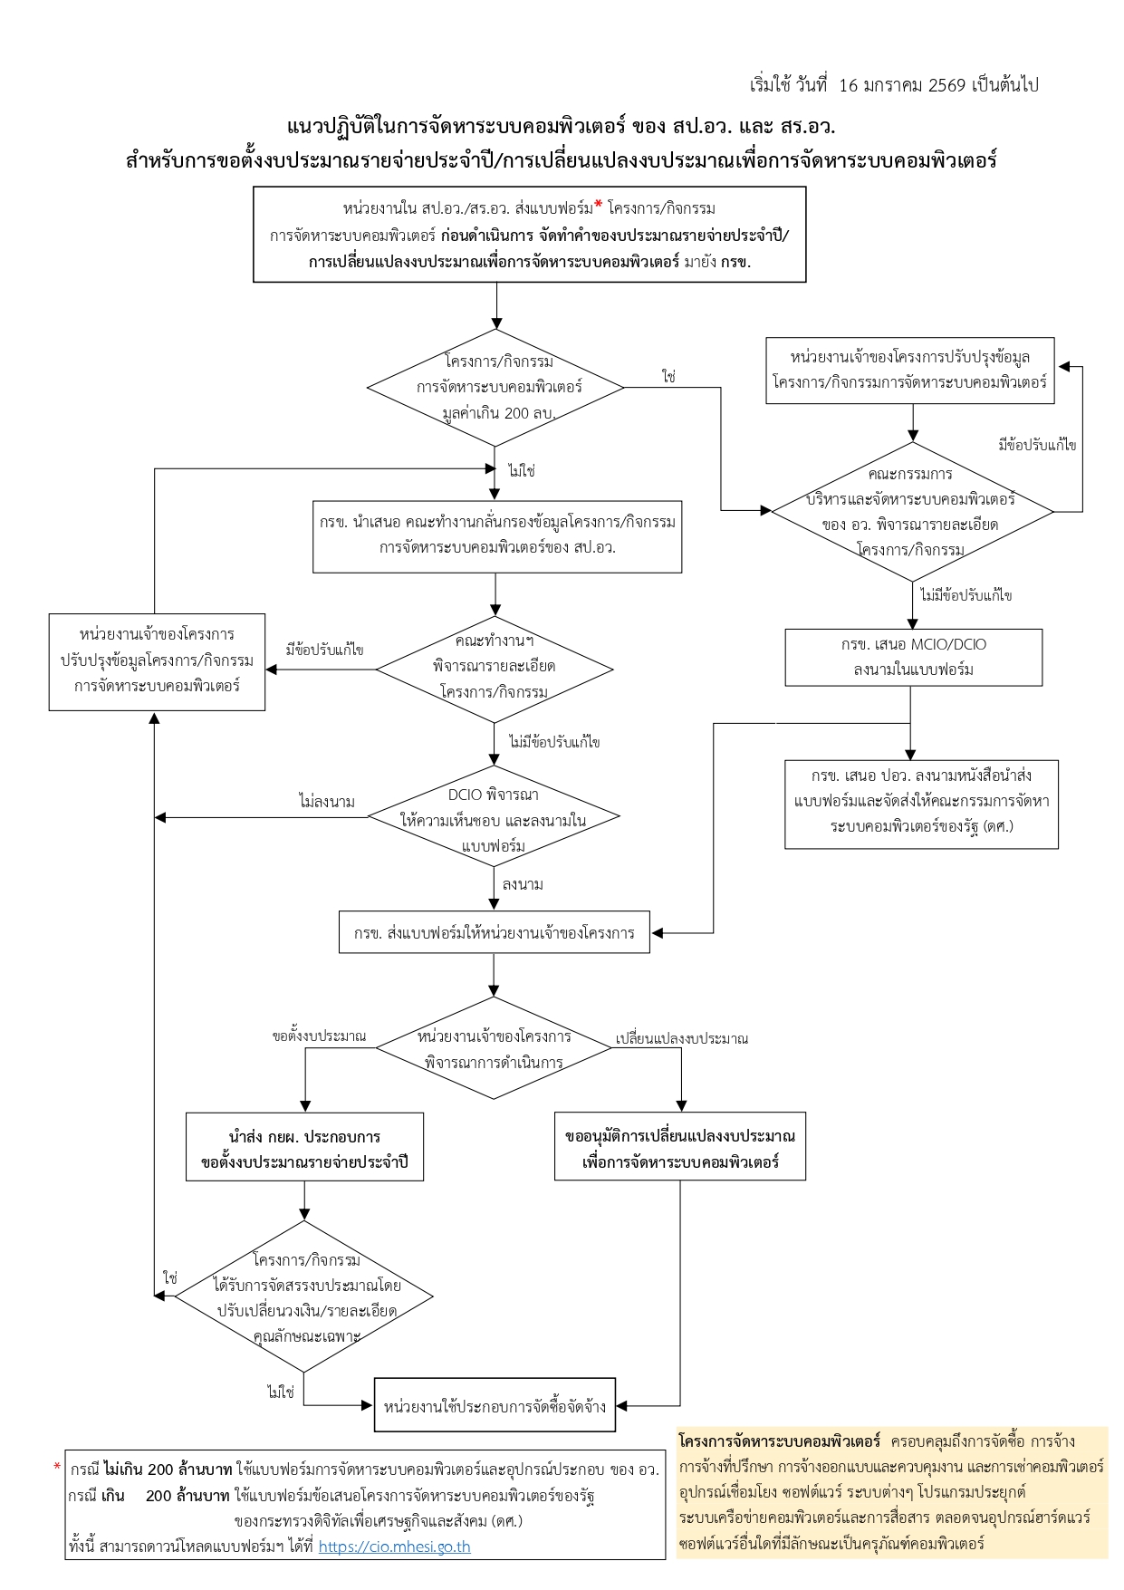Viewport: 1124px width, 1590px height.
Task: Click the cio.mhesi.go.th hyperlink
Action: [x=394, y=1546]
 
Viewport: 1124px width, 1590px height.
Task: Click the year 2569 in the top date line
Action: [x=947, y=85]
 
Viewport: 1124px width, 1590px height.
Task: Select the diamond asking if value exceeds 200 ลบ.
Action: [x=495, y=388]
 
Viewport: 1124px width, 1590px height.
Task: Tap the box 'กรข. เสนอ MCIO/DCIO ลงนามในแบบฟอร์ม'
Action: [x=913, y=657]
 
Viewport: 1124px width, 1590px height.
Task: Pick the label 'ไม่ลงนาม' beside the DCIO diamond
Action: [x=326, y=802]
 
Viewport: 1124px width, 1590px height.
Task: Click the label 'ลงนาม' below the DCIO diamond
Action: [x=523, y=884]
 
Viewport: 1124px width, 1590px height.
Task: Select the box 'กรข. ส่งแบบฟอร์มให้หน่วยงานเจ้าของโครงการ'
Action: [x=494, y=932]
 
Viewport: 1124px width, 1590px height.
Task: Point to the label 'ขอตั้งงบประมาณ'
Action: [x=320, y=1036]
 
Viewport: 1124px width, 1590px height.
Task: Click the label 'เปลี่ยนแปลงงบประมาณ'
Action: [x=681, y=1038]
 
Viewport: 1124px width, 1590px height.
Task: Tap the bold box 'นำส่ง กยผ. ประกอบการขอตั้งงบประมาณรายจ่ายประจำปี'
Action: [x=304, y=1148]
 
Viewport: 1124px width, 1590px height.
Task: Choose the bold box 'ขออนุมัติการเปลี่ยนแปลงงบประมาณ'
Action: [x=679, y=1148]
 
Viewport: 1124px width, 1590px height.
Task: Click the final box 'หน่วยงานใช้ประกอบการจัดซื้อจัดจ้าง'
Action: [x=495, y=1405]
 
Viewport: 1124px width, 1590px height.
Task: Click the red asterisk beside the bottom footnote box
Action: [x=58, y=1467]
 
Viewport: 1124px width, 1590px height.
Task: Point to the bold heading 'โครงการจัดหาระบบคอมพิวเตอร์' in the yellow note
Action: [x=779, y=1441]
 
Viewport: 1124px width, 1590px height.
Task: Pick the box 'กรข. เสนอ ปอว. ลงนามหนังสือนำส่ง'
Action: [x=921, y=801]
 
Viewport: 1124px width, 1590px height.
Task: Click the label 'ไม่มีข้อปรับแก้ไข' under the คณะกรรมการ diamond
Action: [x=965, y=595]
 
